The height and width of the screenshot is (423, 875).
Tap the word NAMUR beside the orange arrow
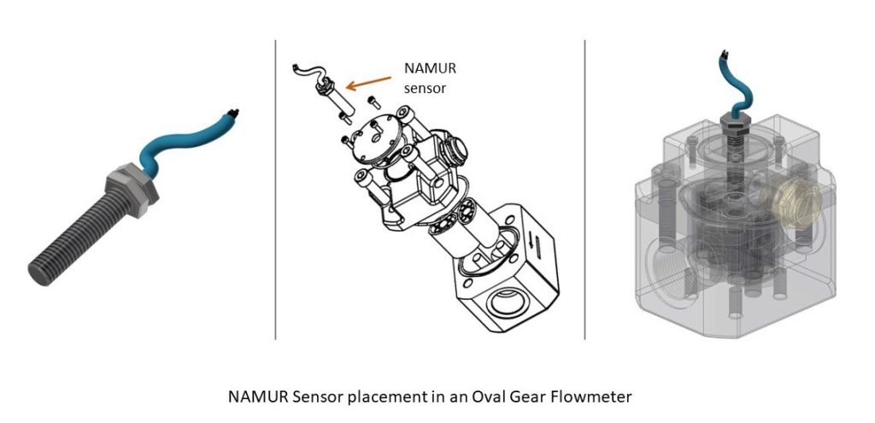pos(422,69)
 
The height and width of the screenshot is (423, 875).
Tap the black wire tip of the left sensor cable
pos(234,110)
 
